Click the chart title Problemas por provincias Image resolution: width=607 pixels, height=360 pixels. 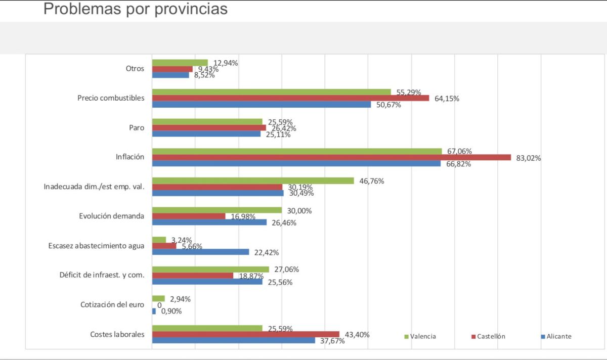[135, 9]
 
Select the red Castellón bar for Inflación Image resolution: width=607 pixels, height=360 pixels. [331, 158]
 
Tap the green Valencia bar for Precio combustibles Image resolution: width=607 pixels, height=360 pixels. [271, 92]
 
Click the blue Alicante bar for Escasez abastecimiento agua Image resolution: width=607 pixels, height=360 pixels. [200, 252]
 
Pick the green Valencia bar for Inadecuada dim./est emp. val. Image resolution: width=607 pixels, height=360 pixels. [252, 181]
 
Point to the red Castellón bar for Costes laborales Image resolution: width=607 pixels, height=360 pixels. [245, 334]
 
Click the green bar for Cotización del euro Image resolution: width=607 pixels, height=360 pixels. [158, 298]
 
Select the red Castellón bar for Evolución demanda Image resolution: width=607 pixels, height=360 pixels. [189, 216]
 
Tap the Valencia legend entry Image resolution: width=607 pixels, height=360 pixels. [420, 336]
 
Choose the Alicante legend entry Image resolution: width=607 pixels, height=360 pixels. [555, 336]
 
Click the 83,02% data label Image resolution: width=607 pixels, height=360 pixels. [528, 158]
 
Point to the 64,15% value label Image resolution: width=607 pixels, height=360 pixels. [447, 99]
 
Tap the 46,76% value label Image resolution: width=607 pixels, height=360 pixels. [371, 181]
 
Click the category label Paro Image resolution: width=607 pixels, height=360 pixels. [137, 128]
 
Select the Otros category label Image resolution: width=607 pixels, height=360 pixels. [135, 69]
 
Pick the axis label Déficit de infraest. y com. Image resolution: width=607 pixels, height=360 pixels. [102, 276]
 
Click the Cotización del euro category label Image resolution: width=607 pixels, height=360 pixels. [112, 305]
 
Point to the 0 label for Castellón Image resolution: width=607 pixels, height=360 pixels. [159, 305]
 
